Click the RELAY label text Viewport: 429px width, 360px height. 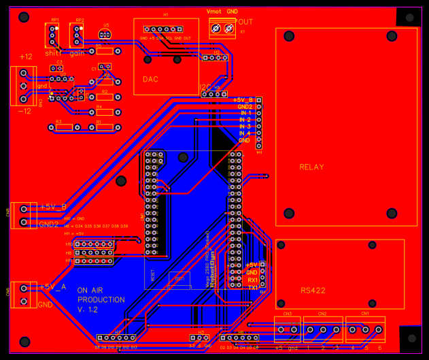(311, 167)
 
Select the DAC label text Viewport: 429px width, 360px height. (150, 80)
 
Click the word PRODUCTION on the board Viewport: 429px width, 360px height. (101, 299)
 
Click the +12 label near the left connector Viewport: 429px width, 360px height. (25, 56)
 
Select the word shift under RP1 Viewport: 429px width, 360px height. (53, 52)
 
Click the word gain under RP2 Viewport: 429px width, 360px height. (77, 52)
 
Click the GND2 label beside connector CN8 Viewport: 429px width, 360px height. (50, 224)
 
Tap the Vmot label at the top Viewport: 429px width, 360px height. (213, 12)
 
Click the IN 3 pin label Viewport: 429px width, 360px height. (245, 127)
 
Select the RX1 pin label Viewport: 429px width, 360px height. (252, 280)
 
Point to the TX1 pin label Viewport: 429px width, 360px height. (252, 288)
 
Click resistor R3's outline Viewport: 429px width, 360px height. (63, 127)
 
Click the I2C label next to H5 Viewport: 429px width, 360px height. (205, 87)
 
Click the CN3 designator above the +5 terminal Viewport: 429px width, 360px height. (288, 314)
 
